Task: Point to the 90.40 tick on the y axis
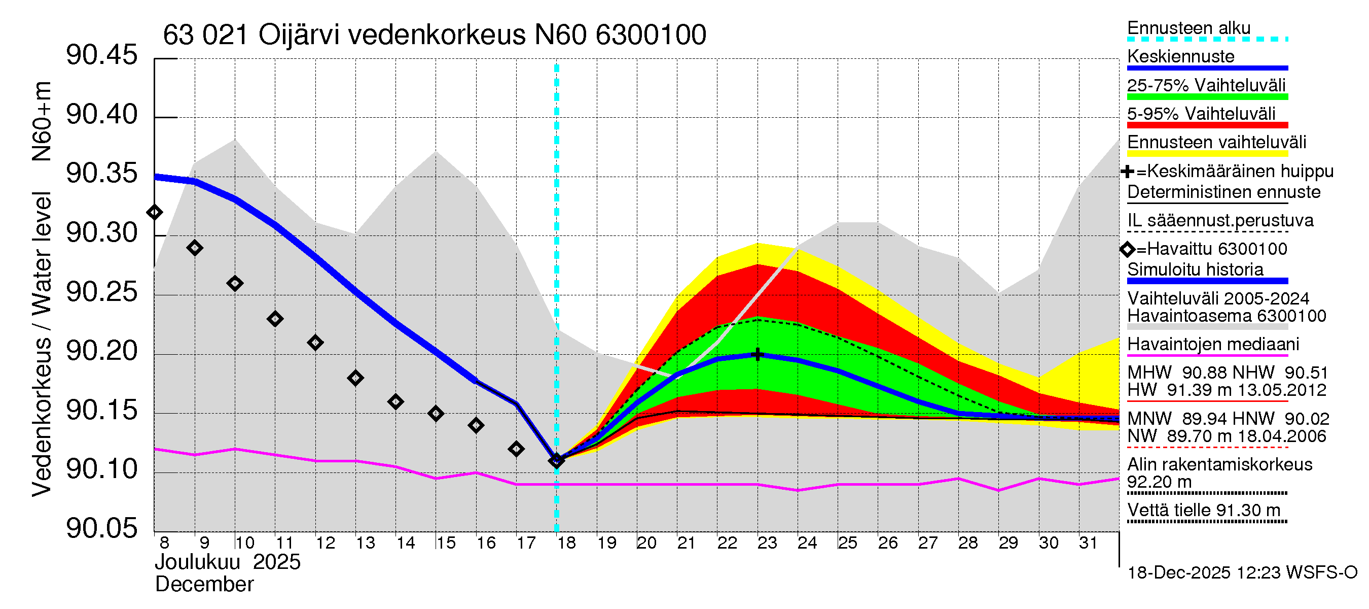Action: coord(101,115)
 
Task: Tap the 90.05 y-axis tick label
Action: coord(101,528)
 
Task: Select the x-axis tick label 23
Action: coord(767,543)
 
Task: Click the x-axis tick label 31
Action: coord(1088,543)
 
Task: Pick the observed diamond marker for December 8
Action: coord(155,213)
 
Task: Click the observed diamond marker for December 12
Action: coord(315,343)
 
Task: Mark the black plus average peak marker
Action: coord(758,354)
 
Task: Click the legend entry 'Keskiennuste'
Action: coord(1180,56)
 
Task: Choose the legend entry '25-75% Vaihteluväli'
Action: coord(1206,85)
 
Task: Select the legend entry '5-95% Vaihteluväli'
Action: coord(1201,114)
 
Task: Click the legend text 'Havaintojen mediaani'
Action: coord(1213,344)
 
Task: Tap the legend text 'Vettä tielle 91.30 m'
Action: coord(1204,510)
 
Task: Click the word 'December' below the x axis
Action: coord(204,585)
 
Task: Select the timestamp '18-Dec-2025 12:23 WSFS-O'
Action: coord(1242,573)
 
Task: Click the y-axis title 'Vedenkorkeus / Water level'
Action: coord(42,345)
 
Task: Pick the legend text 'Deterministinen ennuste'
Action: coord(1223,192)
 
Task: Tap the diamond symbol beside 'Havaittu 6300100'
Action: coord(1127,249)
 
